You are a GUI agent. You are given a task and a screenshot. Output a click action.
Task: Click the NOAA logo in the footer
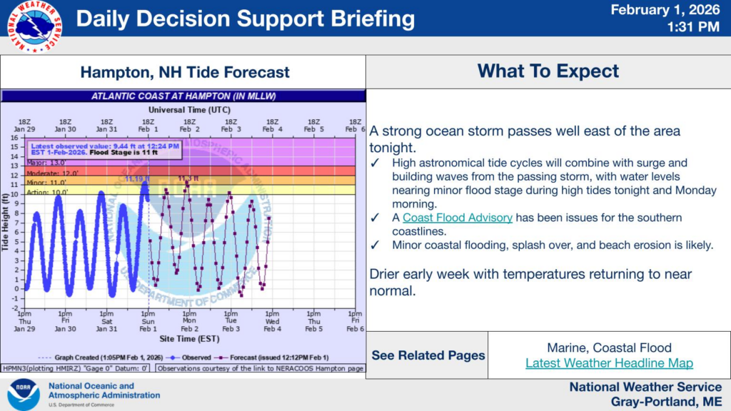click(x=24, y=395)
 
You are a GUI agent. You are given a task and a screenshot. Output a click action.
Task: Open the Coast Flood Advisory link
click(x=457, y=218)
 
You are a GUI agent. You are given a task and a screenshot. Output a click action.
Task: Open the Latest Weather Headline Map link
click(x=609, y=363)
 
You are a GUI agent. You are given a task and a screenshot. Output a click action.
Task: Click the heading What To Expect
click(x=548, y=71)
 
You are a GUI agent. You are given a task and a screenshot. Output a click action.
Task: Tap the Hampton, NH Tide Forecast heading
click(x=185, y=72)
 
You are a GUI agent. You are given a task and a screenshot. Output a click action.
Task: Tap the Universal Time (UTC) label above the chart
click(x=188, y=110)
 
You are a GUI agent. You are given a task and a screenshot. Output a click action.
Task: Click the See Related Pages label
click(x=428, y=355)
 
